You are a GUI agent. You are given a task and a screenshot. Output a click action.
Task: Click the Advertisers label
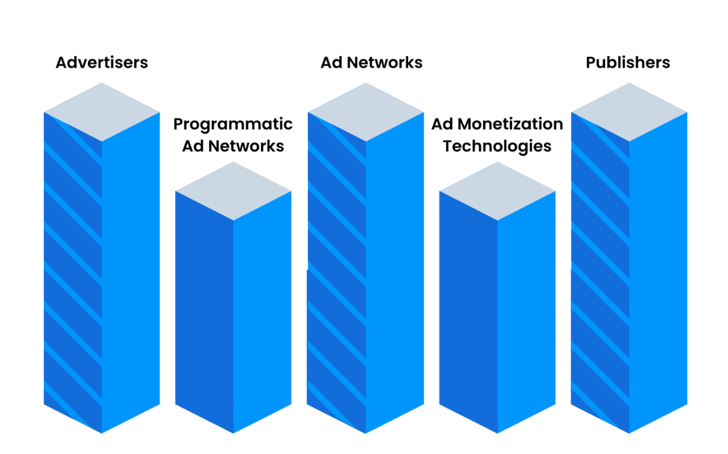click(x=102, y=62)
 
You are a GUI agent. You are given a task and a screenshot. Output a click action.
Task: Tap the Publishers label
click(x=628, y=62)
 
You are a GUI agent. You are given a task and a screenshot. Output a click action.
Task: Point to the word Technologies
click(x=497, y=147)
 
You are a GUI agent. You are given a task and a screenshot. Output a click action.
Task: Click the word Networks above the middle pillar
click(x=385, y=62)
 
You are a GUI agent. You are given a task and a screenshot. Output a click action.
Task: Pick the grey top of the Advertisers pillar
click(x=102, y=112)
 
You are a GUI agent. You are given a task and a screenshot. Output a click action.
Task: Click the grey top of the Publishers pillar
click(x=629, y=112)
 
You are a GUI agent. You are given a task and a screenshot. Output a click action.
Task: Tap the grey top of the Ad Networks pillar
click(x=366, y=112)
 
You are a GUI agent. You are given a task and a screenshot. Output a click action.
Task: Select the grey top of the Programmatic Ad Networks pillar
click(x=233, y=191)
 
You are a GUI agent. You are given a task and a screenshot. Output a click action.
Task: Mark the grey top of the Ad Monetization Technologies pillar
click(x=497, y=191)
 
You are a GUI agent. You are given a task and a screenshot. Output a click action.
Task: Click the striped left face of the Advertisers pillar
click(x=73, y=273)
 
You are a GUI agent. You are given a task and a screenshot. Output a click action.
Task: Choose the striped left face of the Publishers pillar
click(x=600, y=273)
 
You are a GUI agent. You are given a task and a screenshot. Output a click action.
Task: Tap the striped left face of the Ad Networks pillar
click(x=336, y=273)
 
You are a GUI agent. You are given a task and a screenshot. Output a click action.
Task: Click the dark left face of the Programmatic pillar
click(x=204, y=312)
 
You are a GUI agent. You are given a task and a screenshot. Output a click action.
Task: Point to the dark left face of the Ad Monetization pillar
click(x=468, y=312)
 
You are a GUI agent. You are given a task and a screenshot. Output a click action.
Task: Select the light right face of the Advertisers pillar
click(x=131, y=273)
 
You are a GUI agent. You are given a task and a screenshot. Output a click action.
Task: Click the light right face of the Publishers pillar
click(x=659, y=273)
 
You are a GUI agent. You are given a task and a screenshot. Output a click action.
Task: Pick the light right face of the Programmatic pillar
click(x=262, y=312)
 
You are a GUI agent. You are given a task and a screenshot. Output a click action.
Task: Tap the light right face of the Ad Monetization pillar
click(x=526, y=312)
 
